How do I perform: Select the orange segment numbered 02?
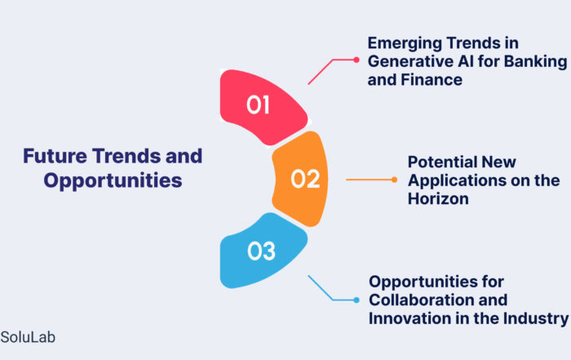(x=301, y=179)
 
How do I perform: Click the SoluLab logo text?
(x=28, y=337)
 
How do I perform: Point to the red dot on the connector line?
(x=356, y=60)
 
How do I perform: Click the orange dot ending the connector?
(x=394, y=180)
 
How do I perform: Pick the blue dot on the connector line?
(x=356, y=300)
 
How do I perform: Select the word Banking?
(x=535, y=61)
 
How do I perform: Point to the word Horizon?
(x=438, y=199)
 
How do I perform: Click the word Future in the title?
(x=55, y=156)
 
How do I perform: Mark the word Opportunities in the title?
(x=113, y=181)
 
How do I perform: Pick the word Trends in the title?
(x=126, y=156)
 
